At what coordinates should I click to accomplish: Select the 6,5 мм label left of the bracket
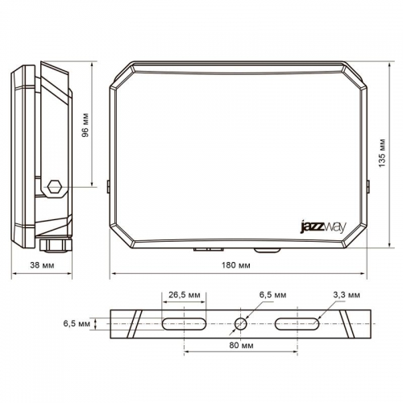click(x=76, y=324)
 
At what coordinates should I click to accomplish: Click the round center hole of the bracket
click(x=241, y=324)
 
